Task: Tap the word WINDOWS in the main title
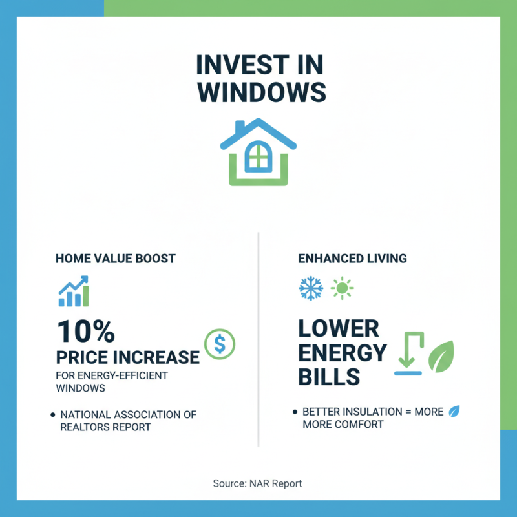(x=258, y=92)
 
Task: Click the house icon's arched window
(x=258, y=155)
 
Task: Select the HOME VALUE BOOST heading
(x=116, y=258)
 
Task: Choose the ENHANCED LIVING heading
(x=352, y=258)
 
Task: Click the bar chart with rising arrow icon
(x=74, y=291)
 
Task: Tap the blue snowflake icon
(x=310, y=288)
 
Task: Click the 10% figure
(x=85, y=332)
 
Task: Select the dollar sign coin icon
(x=220, y=344)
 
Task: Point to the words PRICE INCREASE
(x=128, y=357)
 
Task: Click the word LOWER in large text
(x=339, y=329)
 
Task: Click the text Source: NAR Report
(x=257, y=483)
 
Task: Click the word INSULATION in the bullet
(x=371, y=412)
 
